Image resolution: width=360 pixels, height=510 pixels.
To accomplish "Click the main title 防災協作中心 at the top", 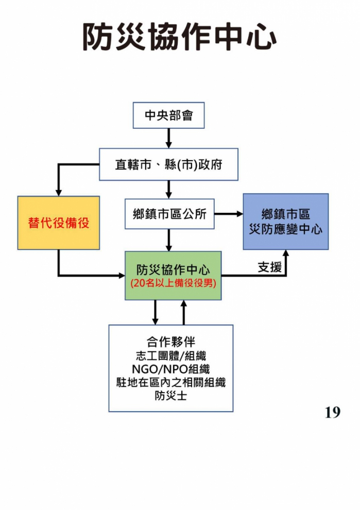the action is [180, 37].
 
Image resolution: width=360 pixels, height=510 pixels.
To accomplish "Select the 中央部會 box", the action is [168, 115].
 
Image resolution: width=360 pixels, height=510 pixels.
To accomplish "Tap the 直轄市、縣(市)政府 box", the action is [168, 164].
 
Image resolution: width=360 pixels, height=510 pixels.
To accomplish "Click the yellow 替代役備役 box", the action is [59, 223].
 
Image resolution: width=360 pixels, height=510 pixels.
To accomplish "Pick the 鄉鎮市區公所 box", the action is [169, 214].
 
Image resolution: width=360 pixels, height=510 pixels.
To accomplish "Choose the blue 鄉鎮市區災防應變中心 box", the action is [286, 222].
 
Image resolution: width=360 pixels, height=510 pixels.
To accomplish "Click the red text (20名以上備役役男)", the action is [173, 283].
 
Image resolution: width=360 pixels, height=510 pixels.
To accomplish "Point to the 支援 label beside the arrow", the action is [269, 267].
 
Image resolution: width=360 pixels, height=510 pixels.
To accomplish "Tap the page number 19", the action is [332, 412].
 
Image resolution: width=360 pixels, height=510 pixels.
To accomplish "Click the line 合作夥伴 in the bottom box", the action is [171, 342].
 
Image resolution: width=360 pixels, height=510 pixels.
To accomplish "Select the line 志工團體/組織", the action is [171, 355].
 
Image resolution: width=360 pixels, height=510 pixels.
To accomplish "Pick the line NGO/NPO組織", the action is [171, 369].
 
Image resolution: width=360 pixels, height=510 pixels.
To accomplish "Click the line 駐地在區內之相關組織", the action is [171, 382].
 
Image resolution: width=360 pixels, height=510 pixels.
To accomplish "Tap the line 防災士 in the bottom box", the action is [171, 396].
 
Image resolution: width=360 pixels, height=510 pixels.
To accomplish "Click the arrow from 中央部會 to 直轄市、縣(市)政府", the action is [168, 138].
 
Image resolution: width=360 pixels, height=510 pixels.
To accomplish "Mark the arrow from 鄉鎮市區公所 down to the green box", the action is [169, 240].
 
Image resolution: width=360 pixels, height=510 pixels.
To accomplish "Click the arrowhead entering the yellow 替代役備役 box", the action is [59, 192].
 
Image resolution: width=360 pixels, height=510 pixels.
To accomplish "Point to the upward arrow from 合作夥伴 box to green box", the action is [184, 312].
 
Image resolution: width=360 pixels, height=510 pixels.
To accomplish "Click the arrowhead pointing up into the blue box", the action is [286, 253].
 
